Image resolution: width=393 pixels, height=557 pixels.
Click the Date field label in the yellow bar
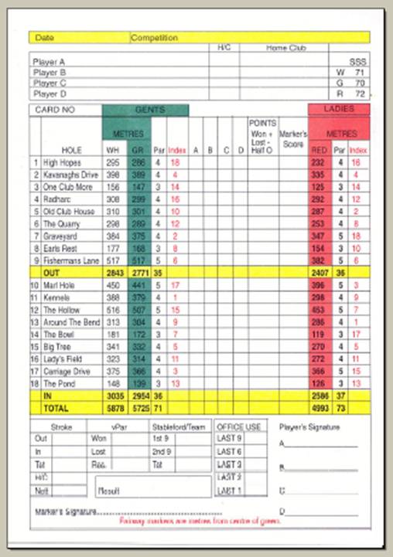(x=44, y=37)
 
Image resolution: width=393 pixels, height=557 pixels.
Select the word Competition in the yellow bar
(x=154, y=37)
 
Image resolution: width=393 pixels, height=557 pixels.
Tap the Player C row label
(x=49, y=82)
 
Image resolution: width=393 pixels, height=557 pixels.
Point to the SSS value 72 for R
(x=359, y=92)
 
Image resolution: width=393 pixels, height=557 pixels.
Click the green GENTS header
(x=145, y=110)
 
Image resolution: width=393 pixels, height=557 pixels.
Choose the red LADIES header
(x=338, y=110)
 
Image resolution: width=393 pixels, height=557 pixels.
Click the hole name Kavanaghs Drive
(x=70, y=175)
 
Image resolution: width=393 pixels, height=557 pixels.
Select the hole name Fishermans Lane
(x=70, y=261)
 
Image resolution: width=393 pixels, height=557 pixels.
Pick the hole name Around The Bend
(x=70, y=321)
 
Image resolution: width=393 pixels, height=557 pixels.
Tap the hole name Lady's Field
(x=64, y=358)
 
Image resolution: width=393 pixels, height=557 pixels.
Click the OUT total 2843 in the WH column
(x=113, y=273)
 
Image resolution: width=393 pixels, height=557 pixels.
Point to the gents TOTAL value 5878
(x=113, y=407)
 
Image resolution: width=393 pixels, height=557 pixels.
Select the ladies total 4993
(x=318, y=407)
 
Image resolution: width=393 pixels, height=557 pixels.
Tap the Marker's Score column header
(x=293, y=138)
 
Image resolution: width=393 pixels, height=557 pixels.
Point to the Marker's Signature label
(x=65, y=511)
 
